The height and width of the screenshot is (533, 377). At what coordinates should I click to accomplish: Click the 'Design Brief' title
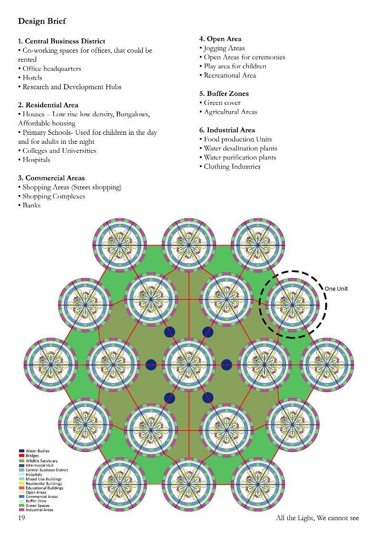pyautogui.click(x=42, y=21)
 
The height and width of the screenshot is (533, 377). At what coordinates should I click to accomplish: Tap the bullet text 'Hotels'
pyautogui.click(x=32, y=77)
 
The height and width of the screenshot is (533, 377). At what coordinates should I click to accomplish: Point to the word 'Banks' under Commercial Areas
pyautogui.click(x=31, y=205)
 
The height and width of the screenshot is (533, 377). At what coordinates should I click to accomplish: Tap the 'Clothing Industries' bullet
pyautogui.click(x=232, y=166)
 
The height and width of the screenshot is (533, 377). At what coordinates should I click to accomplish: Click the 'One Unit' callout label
pyautogui.click(x=336, y=289)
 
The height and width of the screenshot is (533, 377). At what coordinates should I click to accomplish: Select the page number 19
pyautogui.click(x=21, y=517)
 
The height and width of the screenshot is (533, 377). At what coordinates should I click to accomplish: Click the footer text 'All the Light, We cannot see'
pyautogui.click(x=317, y=517)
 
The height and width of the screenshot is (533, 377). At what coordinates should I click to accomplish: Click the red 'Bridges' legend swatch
pyautogui.click(x=22, y=456)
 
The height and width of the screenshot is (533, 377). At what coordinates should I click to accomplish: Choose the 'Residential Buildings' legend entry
pyautogui.click(x=43, y=483)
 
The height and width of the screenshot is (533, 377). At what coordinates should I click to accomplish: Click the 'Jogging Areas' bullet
pyautogui.click(x=224, y=48)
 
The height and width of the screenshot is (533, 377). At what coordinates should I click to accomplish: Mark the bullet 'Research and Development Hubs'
pyautogui.click(x=72, y=87)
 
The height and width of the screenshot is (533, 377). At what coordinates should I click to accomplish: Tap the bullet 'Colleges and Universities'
pyautogui.click(x=59, y=150)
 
